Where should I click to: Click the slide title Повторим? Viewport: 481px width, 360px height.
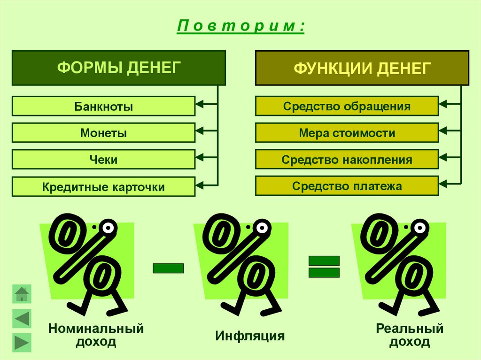(240, 26)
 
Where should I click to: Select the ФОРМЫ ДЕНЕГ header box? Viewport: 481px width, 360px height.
(119, 68)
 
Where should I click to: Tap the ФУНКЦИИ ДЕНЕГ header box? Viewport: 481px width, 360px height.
(362, 68)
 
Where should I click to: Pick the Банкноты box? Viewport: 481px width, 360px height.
(103, 106)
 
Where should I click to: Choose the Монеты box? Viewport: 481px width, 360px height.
(103, 133)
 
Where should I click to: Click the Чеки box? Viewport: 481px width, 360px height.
(103, 160)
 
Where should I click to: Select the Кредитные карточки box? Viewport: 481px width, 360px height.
(103, 187)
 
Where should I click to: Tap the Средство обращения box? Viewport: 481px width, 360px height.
(347, 106)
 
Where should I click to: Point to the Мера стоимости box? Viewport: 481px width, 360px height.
(347, 133)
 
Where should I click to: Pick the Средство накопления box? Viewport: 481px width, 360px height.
(347, 160)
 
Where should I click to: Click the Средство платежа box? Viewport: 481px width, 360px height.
(347, 186)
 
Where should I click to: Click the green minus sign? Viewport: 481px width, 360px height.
(168, 268)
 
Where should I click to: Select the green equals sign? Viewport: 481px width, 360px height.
(324, 267)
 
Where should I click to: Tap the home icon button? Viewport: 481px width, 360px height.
(22, 294)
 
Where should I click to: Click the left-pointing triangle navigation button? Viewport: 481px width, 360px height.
(22, 319)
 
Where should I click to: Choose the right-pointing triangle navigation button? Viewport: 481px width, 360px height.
(22, 343)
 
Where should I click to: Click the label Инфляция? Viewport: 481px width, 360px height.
(250, 336)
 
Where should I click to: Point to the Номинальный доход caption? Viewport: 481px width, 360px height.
(96, 335)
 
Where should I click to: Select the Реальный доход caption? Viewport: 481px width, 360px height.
(409, 335)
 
